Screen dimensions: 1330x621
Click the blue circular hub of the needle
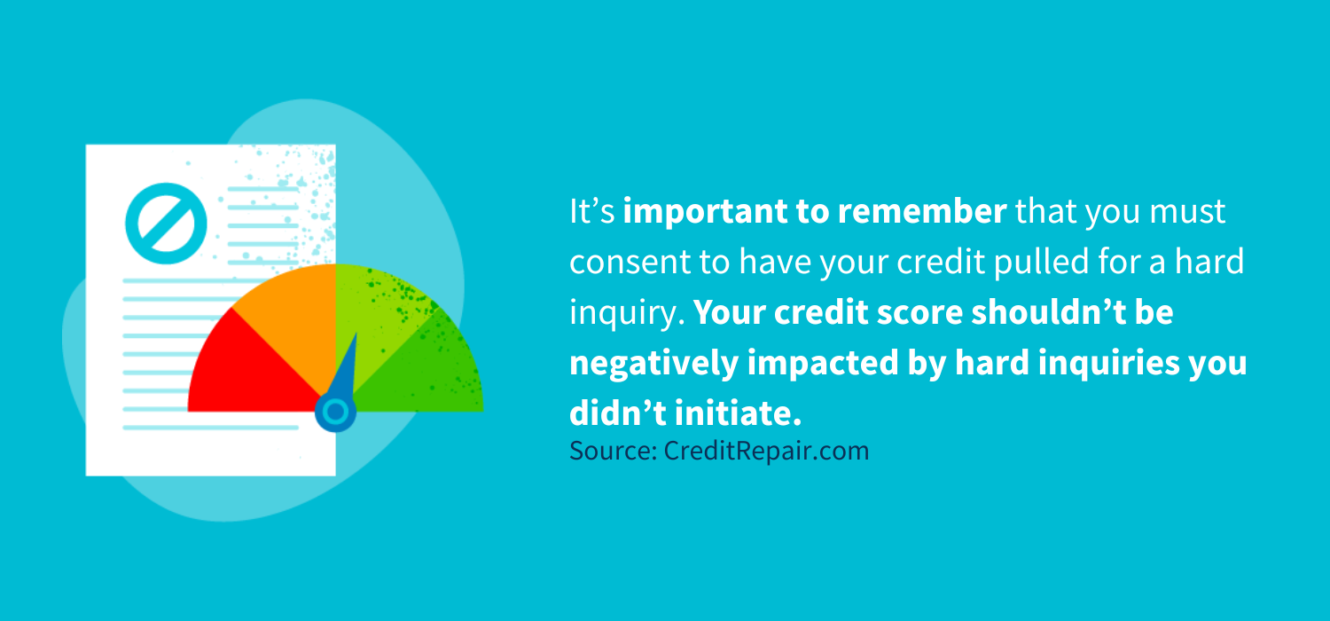click(x=335, y=412)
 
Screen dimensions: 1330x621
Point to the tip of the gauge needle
click(x=356, y=333)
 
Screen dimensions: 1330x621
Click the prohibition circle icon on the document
click(x=167, y=224)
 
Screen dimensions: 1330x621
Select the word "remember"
click(x=921, y=211)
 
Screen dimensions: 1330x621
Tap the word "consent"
click(x=629, y=262)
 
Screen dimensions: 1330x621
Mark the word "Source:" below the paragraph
click(x=613, y=451)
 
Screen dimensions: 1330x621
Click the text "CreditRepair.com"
click(x=766, y=452)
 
